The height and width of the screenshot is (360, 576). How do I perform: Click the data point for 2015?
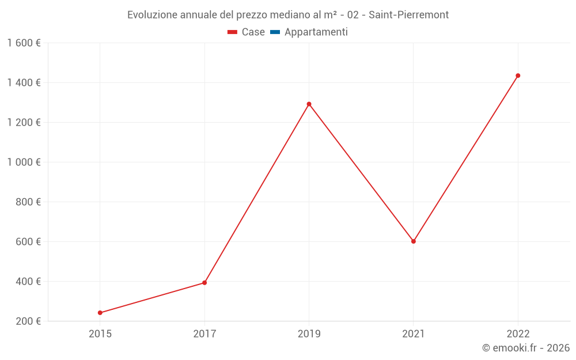(100, 313)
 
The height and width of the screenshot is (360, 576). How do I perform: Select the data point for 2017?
(204, 283)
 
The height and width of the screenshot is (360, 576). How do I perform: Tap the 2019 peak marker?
(309, 104)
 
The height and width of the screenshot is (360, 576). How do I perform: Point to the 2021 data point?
(414, 241)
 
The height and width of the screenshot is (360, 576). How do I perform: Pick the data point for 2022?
(518, 75)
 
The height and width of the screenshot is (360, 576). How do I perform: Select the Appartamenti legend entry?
(316, 32)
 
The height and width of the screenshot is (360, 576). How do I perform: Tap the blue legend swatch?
(275, 32)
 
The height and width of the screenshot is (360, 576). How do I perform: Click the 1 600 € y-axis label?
(24, 43)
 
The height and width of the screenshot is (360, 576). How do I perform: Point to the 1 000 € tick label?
(24, 162)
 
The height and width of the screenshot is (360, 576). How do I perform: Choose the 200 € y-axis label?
(28, 321)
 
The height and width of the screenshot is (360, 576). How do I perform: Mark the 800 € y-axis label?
(28, 202)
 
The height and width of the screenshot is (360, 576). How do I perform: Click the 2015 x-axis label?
(100, 334)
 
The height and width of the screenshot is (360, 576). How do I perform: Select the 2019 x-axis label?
(309, 334)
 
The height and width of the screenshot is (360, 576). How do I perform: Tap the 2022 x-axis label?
(518, 334)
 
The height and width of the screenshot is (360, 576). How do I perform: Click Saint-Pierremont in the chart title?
(409, 15)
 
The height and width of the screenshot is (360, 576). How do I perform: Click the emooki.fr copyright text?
(525, 348)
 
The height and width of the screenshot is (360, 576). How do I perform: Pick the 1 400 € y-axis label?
(24, 82)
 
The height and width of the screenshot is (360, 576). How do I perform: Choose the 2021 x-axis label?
(414, 334)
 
